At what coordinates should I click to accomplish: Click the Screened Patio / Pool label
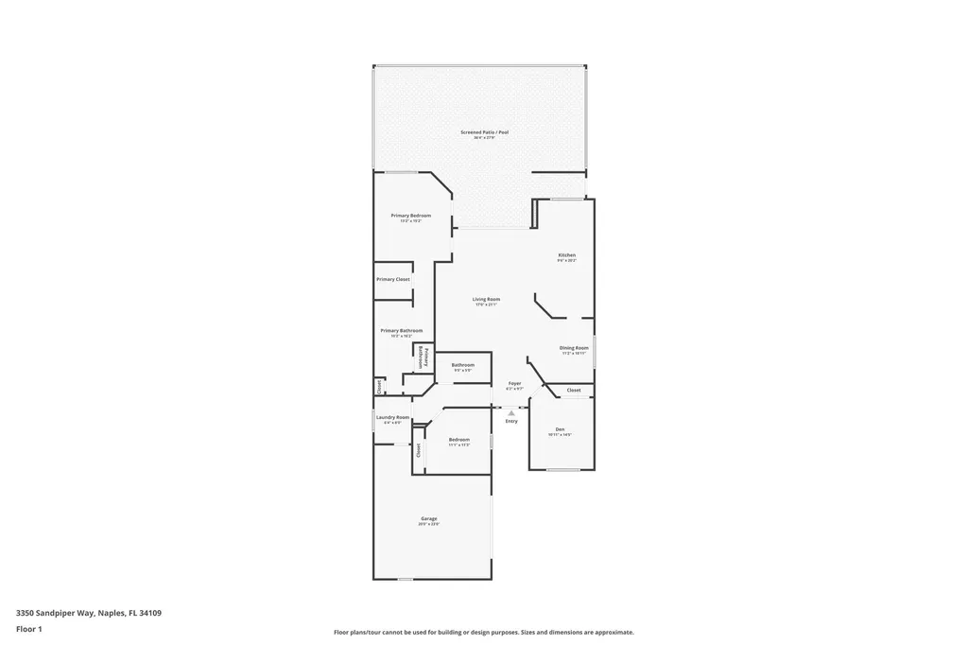tap(484, 132)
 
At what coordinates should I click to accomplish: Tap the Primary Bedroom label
tap(411, 216)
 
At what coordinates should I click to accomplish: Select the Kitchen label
tap(566, 255)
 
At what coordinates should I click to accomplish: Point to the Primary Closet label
tap(392, 279)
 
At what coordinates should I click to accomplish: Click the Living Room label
tap(486, 300)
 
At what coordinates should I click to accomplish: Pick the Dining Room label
tap(574, 348)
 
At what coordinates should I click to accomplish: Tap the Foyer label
tap(514, 383)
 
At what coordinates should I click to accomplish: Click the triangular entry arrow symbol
tap(511, 412)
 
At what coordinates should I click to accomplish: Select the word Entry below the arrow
tap(511, 421)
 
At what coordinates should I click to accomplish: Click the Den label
tap(560, 429)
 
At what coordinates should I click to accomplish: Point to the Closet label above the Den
tap(574, 390)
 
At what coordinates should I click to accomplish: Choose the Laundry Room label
tap(392, 417)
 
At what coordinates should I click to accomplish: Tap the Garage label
tap(429, 518)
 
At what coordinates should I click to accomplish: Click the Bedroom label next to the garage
tap(459, 440)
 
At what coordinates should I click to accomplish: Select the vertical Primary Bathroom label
tap(423, 357)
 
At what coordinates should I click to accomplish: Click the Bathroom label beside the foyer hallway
tap(462, 365)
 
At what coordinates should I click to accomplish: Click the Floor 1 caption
tap(29, 628)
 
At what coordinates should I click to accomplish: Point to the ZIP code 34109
tap(150, 613)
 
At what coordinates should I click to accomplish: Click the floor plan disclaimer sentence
tap(483, 632)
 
